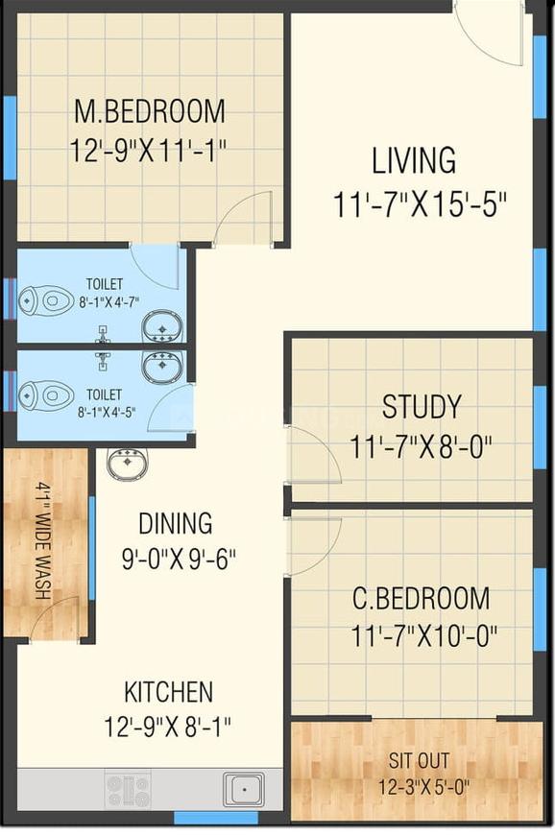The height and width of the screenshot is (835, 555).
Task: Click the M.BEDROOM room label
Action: (x=150, y=110)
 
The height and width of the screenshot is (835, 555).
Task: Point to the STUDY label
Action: (x=422, y=406)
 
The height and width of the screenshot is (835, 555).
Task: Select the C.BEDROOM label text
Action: (x=421, y=598)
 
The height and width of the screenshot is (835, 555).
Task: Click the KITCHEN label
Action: (x=168, y=692)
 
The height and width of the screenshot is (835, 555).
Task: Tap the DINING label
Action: (x=175, y=523)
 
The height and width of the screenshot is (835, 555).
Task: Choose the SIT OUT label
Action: (x=419, y=760)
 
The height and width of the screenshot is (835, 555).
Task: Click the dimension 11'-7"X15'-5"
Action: (x=420, y=204)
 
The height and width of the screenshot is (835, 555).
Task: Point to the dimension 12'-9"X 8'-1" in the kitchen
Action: (x=168, y=727)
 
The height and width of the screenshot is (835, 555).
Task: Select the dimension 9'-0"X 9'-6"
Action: (x=179, y=559)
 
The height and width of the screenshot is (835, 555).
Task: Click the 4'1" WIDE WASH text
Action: (x=43, y=540)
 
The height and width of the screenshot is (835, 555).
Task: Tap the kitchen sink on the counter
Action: (x=243, y=789)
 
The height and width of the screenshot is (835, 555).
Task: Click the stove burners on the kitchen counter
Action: (x=128, y=789)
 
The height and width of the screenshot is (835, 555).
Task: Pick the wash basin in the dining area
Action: (x=128, y=463)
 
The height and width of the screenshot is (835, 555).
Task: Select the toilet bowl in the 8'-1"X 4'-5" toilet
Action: (x=46, y=395)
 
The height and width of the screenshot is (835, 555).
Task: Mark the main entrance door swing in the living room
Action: (x=489, y=33)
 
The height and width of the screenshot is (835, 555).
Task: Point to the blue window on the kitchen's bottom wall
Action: (x=217, y=818)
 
